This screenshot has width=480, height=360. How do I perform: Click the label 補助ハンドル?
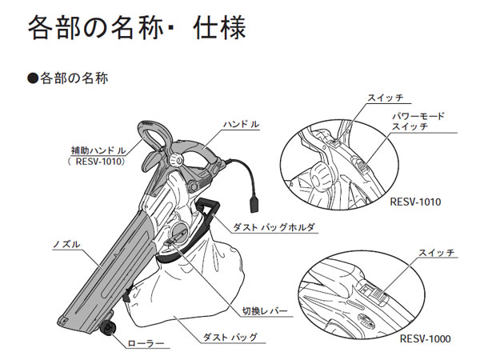tap(100, 150)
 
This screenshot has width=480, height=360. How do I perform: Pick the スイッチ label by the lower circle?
tap(436, 253)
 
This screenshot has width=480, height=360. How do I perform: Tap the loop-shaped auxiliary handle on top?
tap(158, 136)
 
